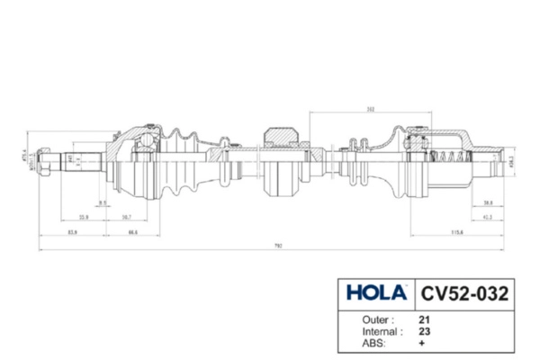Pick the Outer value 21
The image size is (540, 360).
(x=424, y=319)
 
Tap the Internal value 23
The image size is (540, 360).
(x=424, y=331)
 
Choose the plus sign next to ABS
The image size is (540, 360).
(x=422, y=344)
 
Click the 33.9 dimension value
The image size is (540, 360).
(x=83, y=217)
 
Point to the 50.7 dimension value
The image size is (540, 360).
(x=127, y=217)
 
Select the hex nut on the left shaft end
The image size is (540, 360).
(x=44, y=163)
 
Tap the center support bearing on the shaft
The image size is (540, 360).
(x=284, y=162)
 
